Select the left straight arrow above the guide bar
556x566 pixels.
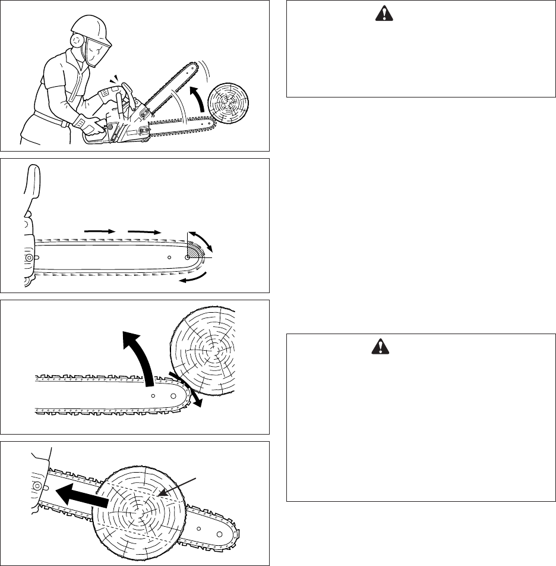[99, 230]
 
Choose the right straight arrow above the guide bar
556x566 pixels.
[144, 230]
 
